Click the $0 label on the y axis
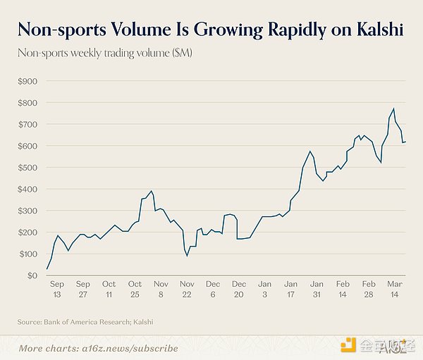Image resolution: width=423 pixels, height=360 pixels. click(x=32, y=275)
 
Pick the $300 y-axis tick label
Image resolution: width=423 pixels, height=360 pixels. click(x=27, y=211)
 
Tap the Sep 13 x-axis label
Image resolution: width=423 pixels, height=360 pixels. click(x=57, y=290)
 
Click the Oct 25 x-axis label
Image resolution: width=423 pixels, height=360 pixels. click(x=135, y=290)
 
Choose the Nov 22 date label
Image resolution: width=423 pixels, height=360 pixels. click(x=187, y=290)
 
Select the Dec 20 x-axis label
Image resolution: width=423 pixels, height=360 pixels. click(x=239, y=290)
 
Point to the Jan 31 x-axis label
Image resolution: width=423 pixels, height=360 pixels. click(x=317, y=290)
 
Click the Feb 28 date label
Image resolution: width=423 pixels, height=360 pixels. click(x=369, y=290)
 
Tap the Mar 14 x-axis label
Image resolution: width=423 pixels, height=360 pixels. click(x=395, y=290)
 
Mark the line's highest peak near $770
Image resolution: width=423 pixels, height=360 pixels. click(x=393, y=108)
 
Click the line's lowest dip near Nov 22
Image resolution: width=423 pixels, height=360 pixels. click(x=187, y=256)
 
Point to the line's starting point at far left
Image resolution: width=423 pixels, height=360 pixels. click(x=47, y=269)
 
